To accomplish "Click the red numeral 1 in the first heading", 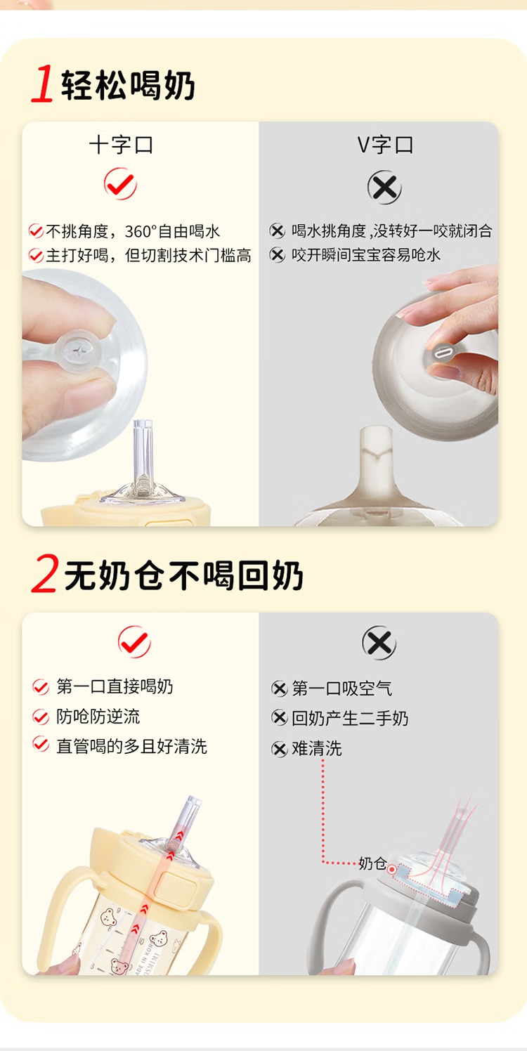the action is point(43,84).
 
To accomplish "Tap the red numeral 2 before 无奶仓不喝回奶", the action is point(45,573).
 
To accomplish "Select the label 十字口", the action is point(121,145).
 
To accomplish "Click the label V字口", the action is point(385,145).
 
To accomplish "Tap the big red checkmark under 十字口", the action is point(120,184).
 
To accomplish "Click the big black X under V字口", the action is point(384,187).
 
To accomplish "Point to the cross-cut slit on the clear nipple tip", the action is point(79,351).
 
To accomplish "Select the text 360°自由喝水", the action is point(172,231).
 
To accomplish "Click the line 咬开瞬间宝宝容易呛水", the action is point(366,255).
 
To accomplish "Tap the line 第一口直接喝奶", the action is point(115,686).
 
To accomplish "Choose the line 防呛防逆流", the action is point(98,717).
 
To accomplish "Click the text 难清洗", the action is point(317,748).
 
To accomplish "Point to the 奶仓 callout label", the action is point(372,863).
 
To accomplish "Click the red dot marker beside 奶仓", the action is point(392,870).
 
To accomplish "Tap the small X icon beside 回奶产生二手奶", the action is point(279,718).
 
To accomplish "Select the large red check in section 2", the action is point(134,641).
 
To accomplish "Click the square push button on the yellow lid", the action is point(176,888).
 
